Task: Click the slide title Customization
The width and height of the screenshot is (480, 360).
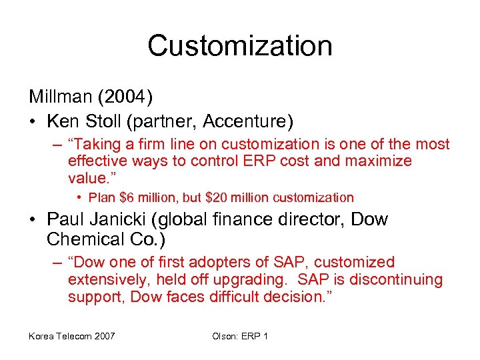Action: (240, 46)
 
